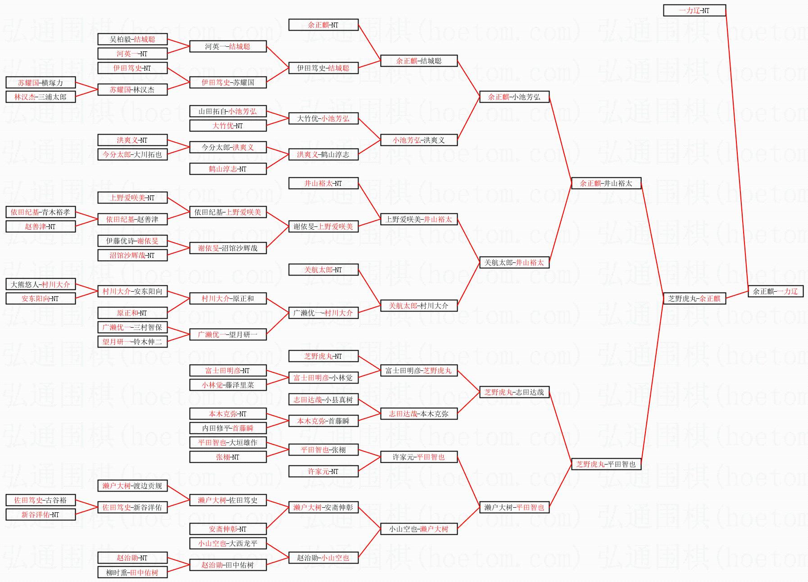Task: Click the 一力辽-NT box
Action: [694, 10]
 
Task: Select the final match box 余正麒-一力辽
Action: [775, 291]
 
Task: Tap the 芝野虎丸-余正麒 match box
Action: [694, 298]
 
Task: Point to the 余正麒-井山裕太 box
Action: [606, 183]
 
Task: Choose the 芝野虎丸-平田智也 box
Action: [606, 464]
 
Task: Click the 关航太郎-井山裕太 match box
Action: [514, 262]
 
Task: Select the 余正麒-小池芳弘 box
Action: [514, 97]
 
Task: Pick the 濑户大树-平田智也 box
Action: [514, 507]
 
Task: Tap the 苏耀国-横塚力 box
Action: [41, 83]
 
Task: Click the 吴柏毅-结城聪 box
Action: [132, 39]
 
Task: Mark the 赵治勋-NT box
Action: [132, 558]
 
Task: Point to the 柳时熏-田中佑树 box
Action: [132, 573]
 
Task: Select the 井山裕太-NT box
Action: [323, 183]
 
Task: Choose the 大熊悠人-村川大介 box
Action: [41, 284]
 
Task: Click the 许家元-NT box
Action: [323, 471]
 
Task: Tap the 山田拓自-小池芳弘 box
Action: [227, 111]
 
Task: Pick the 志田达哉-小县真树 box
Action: [323, 399]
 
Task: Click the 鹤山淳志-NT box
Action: [227, 169]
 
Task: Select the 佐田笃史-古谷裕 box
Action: [41, 500]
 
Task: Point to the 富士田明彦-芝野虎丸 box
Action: [418, 370]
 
